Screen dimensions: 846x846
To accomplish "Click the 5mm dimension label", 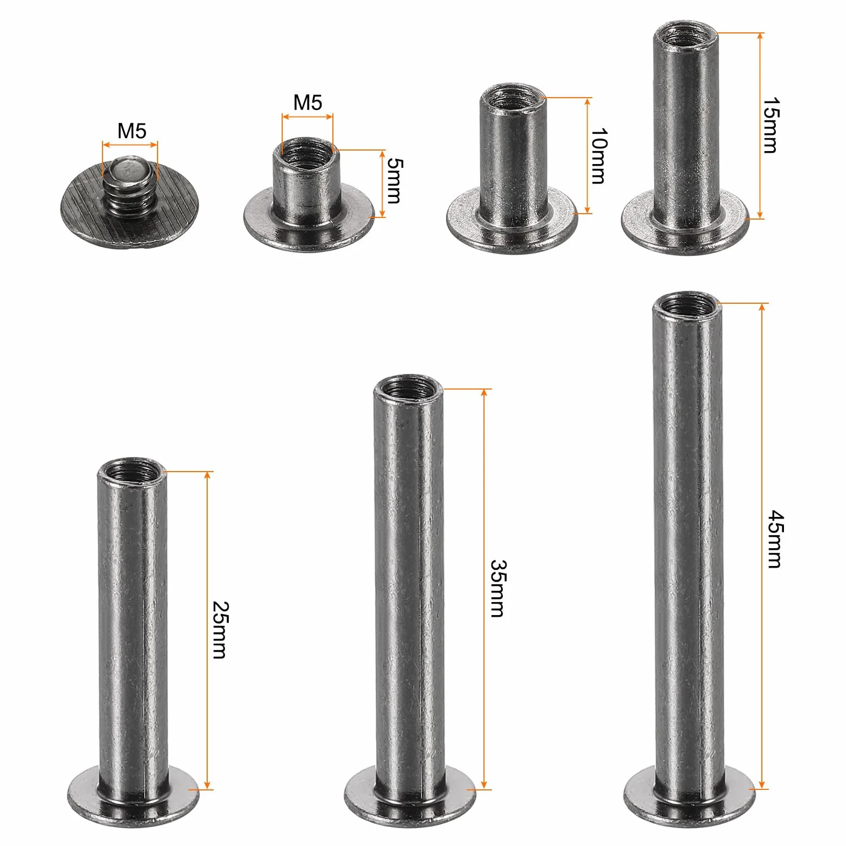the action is coord(394,181).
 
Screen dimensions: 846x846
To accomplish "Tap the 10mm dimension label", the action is coord(599,156).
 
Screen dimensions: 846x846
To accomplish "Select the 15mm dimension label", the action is coord(769,126).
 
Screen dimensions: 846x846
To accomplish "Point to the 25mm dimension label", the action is coord(219,630).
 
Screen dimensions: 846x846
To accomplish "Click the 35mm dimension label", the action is coord(497,589).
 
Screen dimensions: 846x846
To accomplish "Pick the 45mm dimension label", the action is coord(775,539).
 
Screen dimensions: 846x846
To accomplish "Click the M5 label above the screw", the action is coord(132,131).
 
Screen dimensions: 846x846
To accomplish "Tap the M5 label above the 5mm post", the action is coord(308,102).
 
